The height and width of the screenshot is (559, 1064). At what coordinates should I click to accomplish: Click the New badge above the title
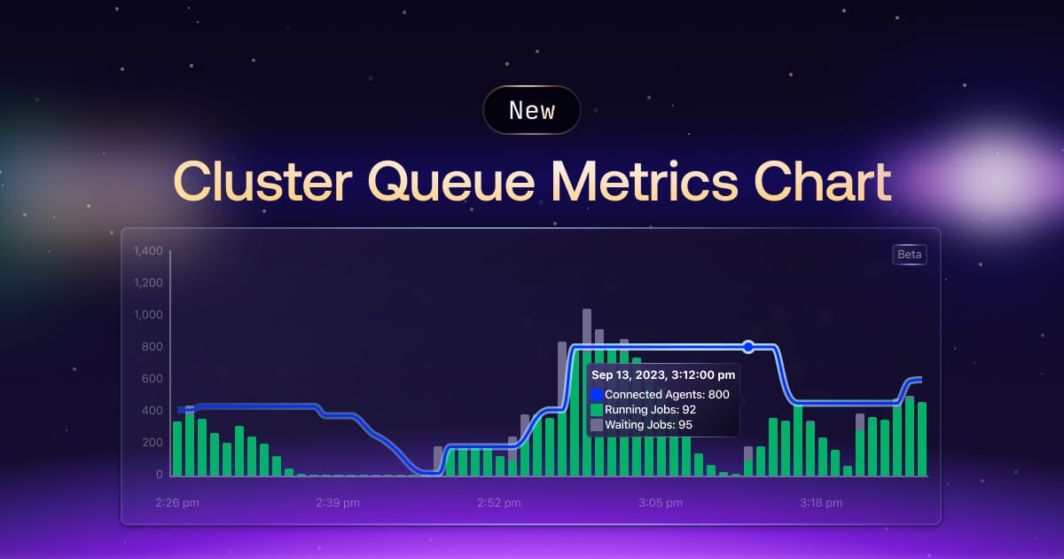point(532,110)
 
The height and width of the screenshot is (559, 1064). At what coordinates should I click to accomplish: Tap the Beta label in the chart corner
point(910,255)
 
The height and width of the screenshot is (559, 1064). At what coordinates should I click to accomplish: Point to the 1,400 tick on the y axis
point(147,251)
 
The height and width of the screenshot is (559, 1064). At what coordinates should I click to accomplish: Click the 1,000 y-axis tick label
point(147,315)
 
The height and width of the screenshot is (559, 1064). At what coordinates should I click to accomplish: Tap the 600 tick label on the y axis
point(153,379)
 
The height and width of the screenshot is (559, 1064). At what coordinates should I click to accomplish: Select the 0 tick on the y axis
point(159,475)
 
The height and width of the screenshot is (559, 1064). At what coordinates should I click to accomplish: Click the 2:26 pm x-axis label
point(176,503)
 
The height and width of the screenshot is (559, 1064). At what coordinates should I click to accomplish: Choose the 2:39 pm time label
point(338,503)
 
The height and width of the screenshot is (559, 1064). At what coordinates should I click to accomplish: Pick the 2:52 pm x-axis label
point(499,503)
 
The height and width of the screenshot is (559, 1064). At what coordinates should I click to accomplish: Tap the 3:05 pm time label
point(661,503)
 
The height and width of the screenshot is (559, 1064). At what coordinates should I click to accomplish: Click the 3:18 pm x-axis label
point(821,503)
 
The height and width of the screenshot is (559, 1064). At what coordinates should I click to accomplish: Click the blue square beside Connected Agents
point(597,394)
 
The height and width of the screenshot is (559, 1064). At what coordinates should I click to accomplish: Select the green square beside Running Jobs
point(597,410)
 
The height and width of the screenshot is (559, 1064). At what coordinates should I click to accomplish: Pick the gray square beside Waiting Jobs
point(597,425)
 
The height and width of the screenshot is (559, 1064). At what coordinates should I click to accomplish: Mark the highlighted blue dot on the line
point(748,346)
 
